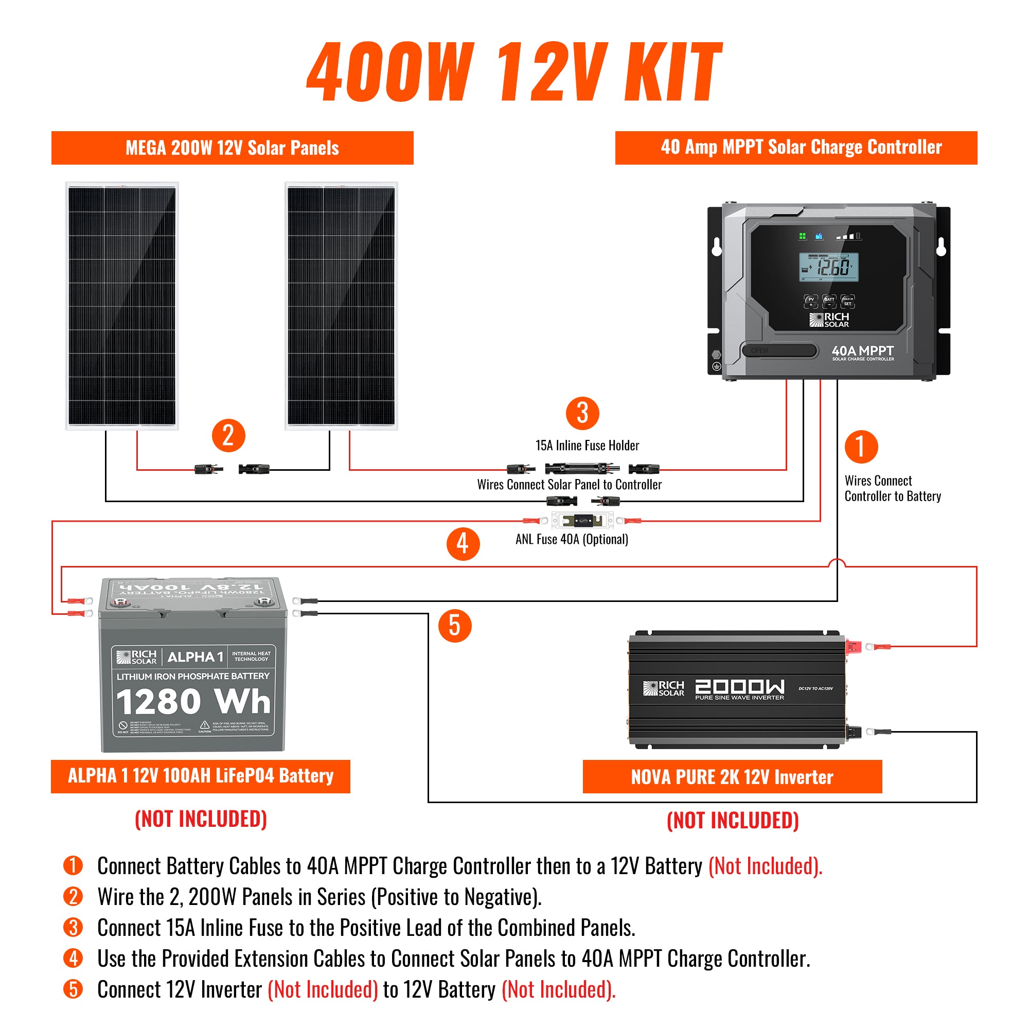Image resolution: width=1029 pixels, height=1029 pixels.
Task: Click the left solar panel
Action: tap(122, 306)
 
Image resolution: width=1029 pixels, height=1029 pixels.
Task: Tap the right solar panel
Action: tap(341, 306)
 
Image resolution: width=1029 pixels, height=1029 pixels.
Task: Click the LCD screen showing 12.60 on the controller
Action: tap(828, 267)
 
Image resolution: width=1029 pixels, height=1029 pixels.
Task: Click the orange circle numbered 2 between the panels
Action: tap(228, 436)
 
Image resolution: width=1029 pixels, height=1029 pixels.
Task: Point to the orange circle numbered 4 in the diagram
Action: tap(463, 544)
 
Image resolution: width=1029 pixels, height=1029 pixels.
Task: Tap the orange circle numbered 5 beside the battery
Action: tap(454, 625)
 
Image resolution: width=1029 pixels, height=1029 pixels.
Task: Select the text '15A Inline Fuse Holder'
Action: tap(587, 445)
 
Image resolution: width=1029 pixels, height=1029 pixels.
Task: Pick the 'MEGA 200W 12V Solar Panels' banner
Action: tap(232, 148)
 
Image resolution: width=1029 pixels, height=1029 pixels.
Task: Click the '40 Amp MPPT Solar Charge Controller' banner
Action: tap(796, 148)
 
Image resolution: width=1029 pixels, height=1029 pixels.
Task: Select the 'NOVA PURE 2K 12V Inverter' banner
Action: tap(732, 777)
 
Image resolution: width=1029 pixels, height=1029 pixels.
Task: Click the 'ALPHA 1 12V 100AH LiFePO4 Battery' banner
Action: tap(200, 776)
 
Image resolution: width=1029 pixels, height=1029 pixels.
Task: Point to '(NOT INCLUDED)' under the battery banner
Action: tap(201, 819)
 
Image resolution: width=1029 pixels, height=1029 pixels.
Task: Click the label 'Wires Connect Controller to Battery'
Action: tap(892, 488)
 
